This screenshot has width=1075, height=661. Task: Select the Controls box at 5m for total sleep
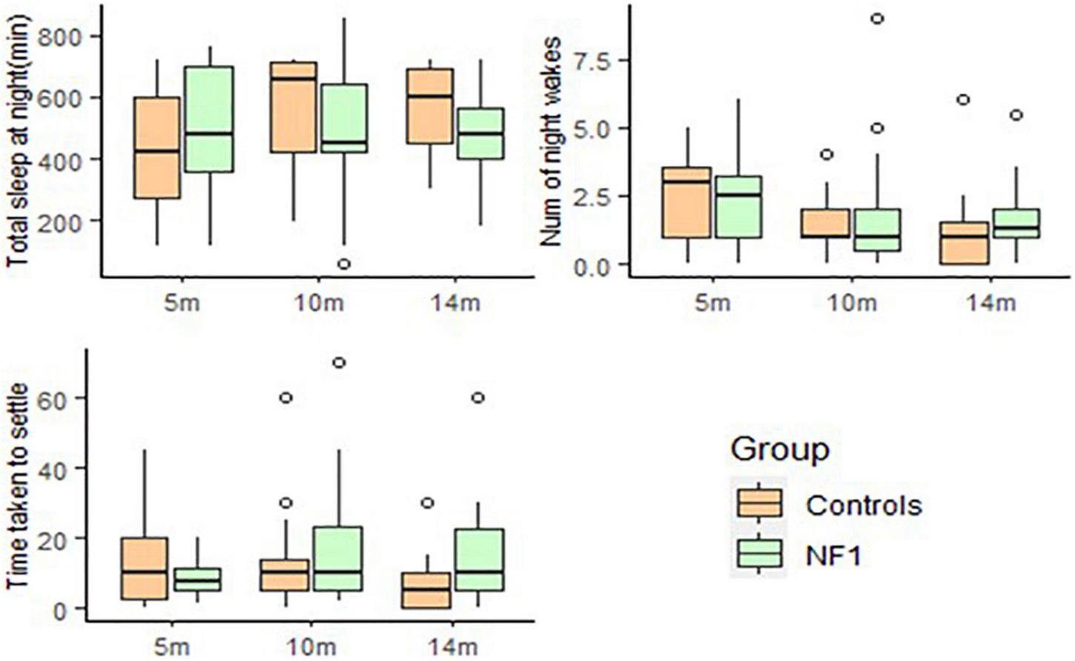(x=156, y=147)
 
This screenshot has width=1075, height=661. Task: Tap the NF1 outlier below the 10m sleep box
(x=343, y=264)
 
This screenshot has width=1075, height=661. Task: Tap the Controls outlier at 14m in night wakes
(x=963, y=99)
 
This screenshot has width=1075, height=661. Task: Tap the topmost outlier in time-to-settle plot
(x=340, y=362)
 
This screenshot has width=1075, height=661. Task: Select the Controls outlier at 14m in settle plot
(x=428, y=503)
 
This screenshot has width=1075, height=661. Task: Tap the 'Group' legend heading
(x=779, y=449)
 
